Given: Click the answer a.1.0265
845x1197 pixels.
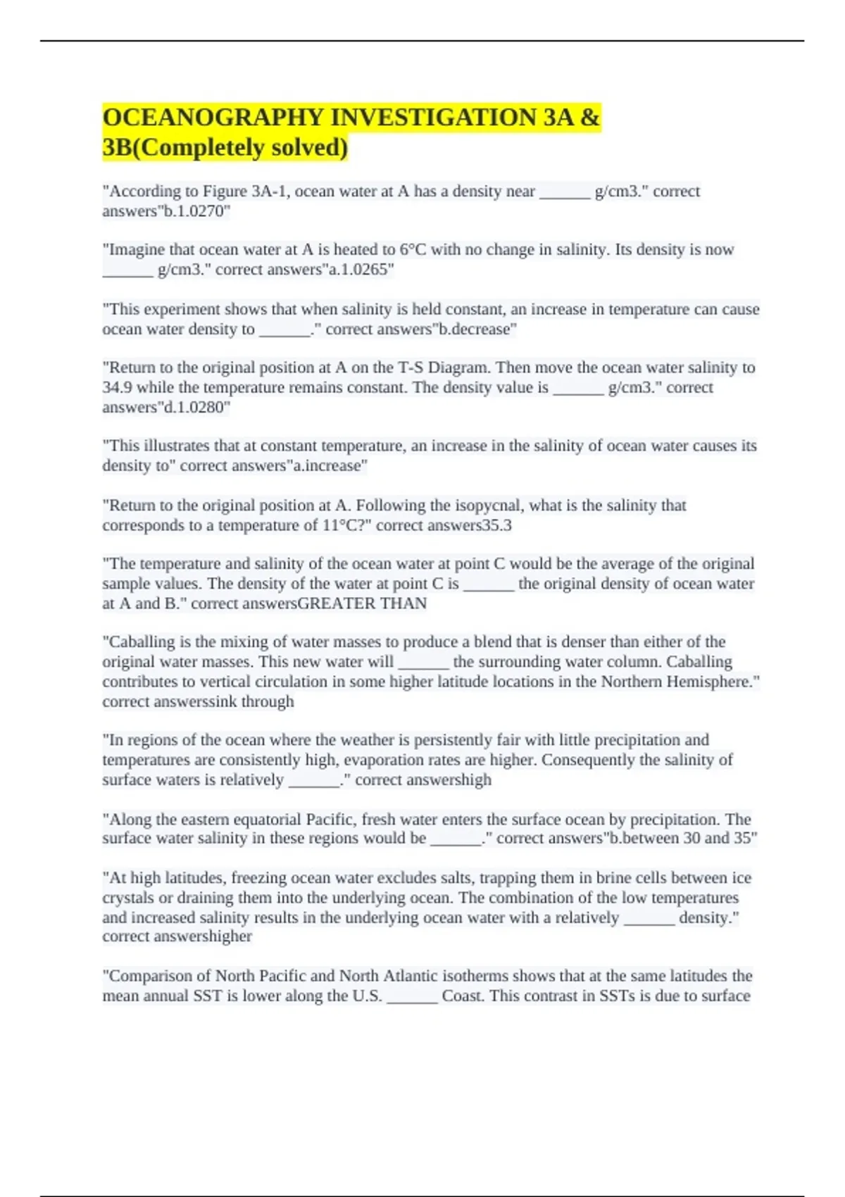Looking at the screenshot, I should (360, 270).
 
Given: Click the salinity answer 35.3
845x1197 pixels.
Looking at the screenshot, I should (496, 525).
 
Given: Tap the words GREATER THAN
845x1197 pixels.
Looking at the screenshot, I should (362, 603).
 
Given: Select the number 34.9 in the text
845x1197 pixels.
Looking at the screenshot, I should (117, 387).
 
